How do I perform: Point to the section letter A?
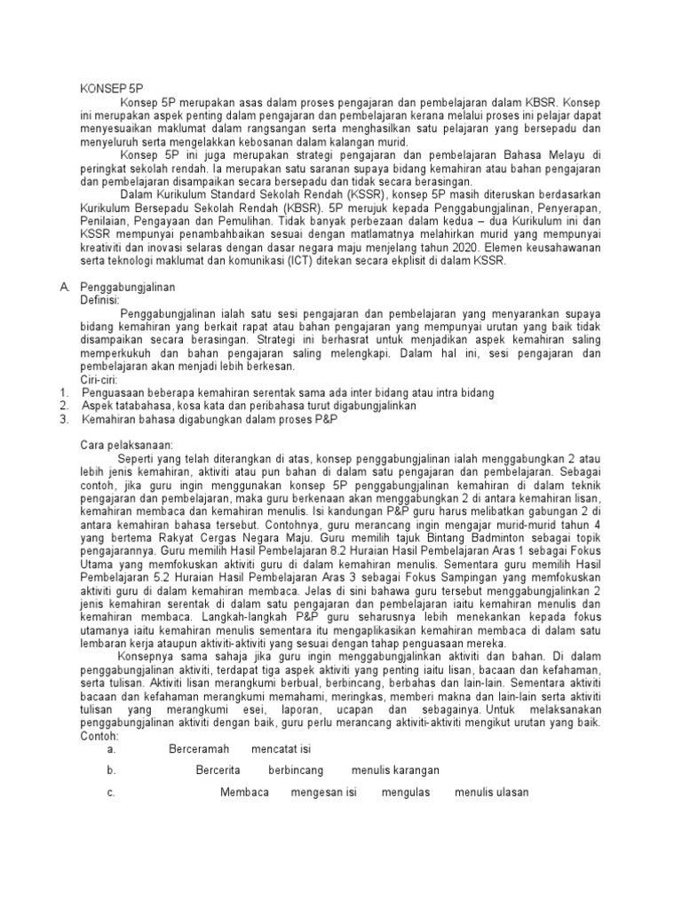[x=64, y=288]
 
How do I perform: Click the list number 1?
[x=63, y=392]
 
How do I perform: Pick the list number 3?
[x=64, y=418]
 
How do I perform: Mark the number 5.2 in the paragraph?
[x=164, y=589]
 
